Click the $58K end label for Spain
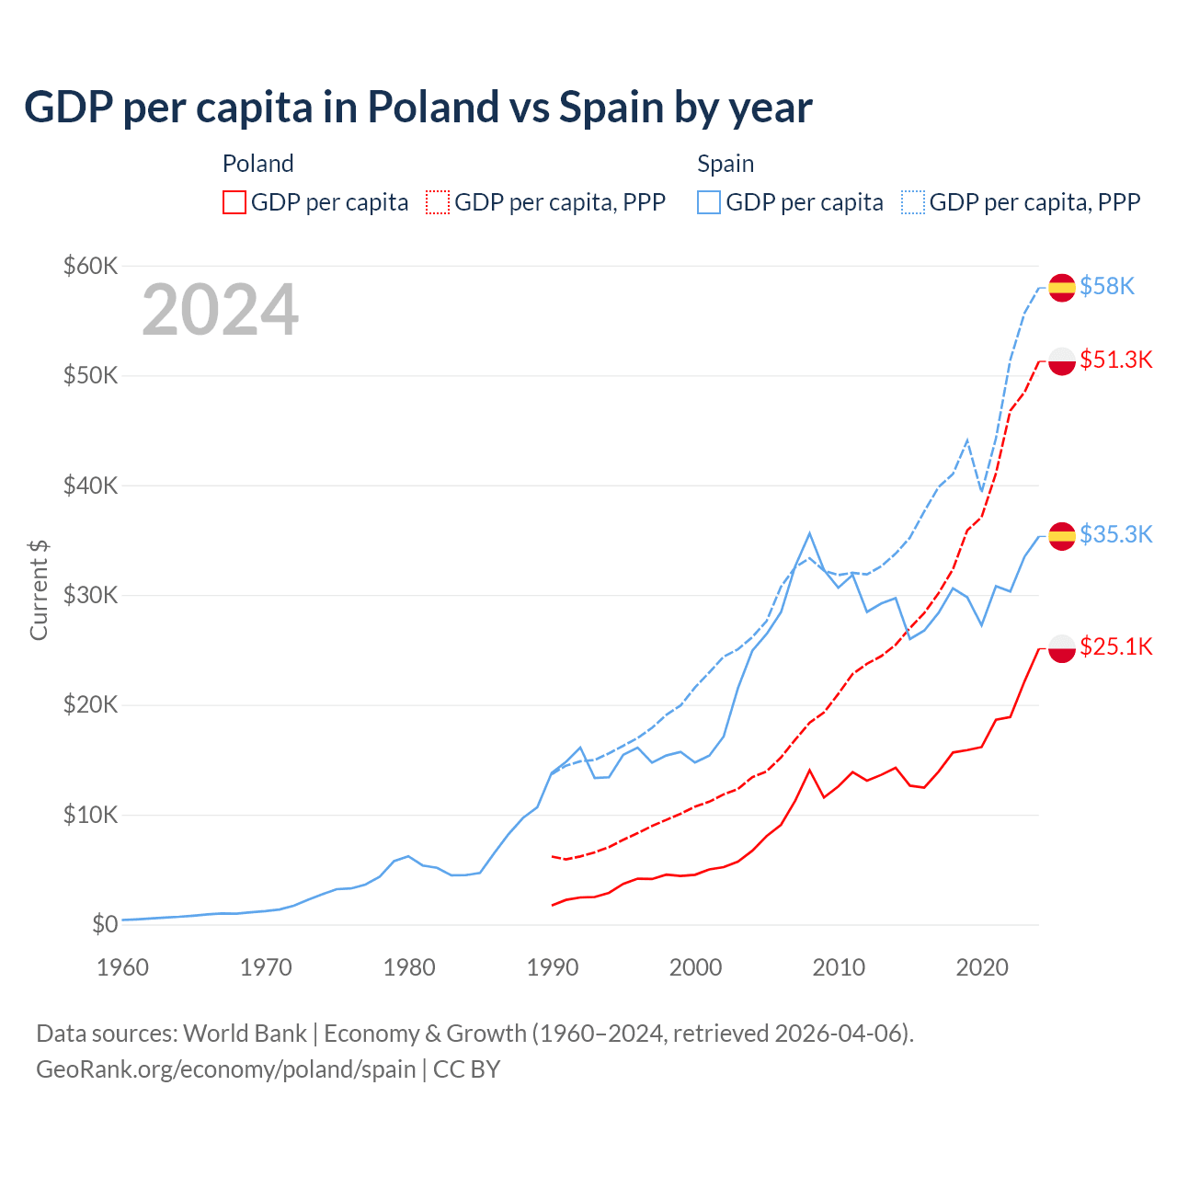pos(1107,287)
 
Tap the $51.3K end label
pos(1115,360)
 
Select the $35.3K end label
pos(1115,534)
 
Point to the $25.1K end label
pos(1115,646)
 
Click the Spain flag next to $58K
pos(1062,288)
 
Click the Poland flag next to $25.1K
pos(1062,647)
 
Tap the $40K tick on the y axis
pos(90,486)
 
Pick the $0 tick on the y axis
pos(105,924)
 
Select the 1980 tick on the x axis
pos(409,967)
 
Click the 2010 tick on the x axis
pos(839,967)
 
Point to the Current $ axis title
pos(39,590)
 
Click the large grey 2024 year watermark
pos(220,311)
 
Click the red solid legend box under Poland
pos(234,202)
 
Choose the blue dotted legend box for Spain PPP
pos(913,202)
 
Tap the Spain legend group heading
pos(726,164)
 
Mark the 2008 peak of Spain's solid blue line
pos(809,533)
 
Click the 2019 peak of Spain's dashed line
pos(967,440)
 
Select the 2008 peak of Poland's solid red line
pos(809,771)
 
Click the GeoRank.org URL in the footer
pos(226,1069)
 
